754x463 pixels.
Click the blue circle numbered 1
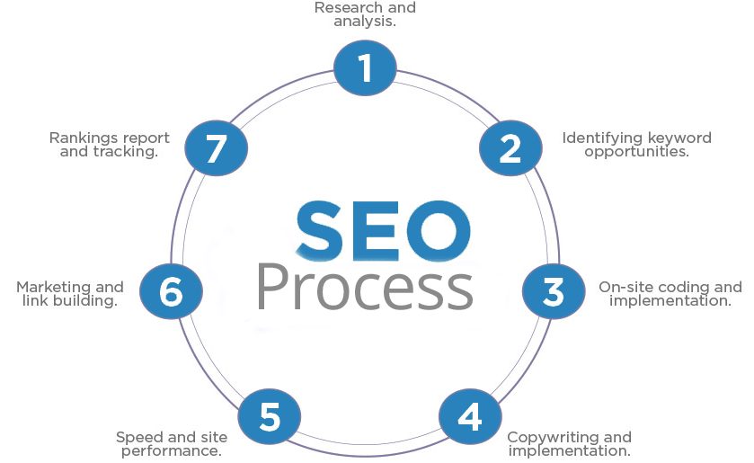365,67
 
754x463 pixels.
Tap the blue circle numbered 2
510,147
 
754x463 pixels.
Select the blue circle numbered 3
554,291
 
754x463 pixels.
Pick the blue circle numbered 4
470,416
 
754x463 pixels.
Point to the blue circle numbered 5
270,416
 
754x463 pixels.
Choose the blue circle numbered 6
171,291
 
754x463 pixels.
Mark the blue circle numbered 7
217,147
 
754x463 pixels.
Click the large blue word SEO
383,231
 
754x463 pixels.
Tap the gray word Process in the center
366,287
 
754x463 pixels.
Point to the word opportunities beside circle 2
636,153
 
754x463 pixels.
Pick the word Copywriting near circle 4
553,438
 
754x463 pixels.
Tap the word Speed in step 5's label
133,438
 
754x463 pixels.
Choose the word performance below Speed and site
171,452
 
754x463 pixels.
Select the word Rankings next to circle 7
81,138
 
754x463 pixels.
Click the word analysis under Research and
364,22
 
